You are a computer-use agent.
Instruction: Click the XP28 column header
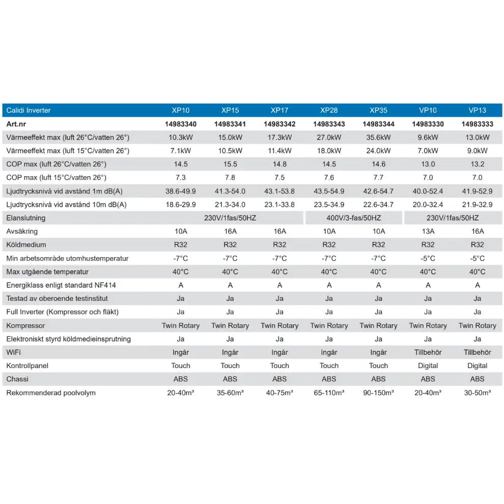329,110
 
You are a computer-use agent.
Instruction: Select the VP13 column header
477,110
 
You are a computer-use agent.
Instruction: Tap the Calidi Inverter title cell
29,110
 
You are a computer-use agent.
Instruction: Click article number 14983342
279,124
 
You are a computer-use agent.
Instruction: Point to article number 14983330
428,124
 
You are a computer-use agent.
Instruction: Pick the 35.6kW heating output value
378,137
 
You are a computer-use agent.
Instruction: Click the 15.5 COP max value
230,164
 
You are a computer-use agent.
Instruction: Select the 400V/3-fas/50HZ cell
354,218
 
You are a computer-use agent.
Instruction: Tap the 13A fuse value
428,231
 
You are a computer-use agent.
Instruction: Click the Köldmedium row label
26,245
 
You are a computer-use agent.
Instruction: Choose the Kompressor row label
25,325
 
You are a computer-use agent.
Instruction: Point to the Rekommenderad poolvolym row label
51,393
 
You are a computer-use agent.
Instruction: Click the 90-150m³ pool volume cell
378,393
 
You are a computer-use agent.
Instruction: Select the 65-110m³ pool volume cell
329,393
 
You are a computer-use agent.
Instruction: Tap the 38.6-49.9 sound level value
181,191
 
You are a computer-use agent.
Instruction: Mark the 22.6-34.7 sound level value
378,205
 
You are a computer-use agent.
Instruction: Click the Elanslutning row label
26,218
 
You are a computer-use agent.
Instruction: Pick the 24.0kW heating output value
378,151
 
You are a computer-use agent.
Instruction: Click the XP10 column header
181,110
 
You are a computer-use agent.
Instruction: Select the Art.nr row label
16,124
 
